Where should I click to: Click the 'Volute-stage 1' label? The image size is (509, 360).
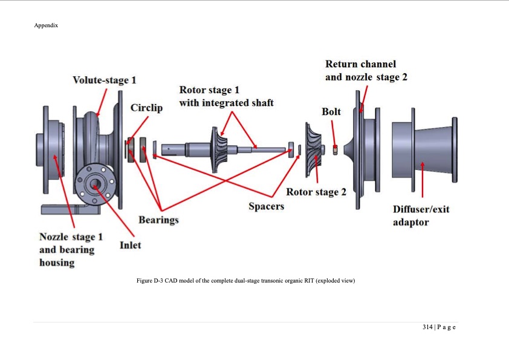tap(104, 80)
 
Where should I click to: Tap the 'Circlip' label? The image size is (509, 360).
tap(146, 108)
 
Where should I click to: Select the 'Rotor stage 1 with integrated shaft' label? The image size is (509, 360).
tap(226, 96)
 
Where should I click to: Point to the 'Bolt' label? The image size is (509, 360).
tap(331, 112)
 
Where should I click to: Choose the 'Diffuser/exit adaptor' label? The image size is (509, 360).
tap(421, 215)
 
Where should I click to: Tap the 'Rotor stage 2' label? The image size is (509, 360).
tap(316, 192)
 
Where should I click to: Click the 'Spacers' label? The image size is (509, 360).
tap(266, 206)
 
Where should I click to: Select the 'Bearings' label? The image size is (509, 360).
tap(158, 219)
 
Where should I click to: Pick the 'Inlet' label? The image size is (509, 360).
tap(130, 244)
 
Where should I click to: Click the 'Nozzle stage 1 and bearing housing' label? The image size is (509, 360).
tap(66, 249)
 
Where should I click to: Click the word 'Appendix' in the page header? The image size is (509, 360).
tap(46, 25)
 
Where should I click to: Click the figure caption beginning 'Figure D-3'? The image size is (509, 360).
tap(254, 280)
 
